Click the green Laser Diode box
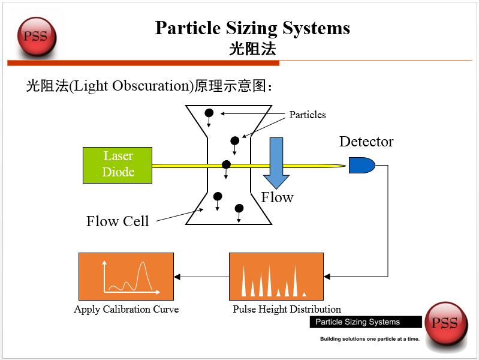118,165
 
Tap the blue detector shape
361,165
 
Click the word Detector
366,142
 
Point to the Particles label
308,115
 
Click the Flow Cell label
118,221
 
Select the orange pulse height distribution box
276,277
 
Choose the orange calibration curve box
126,277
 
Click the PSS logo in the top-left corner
36,35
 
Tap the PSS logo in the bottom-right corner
445,323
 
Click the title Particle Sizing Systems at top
252,28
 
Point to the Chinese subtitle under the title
252,49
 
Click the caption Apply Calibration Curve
126,310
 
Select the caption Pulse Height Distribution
287,310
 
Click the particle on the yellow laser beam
226,164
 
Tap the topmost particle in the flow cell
209,113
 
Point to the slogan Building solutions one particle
369,339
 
